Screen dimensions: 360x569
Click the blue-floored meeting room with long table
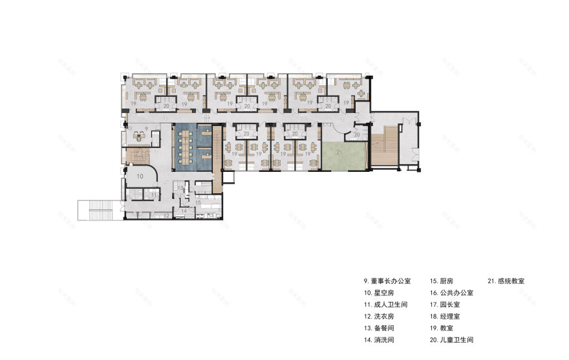tap(192, 147)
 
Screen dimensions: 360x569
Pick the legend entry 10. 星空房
tap(381, 293)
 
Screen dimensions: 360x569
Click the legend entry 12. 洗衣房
tap(381, 316)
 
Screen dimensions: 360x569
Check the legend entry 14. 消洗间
tap(381, 339)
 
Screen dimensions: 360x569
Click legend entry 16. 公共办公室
tap(452, 293)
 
